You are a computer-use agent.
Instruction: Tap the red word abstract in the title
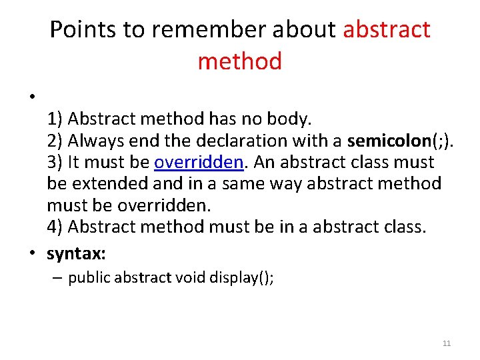click(387, 29)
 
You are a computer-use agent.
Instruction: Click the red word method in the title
click(240, 61)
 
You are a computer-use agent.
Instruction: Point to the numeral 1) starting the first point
click(55, 119)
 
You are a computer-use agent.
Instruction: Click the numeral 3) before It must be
click(55, 162)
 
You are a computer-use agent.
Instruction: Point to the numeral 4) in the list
click(55, 226)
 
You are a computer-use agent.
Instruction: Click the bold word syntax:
click(77, 253)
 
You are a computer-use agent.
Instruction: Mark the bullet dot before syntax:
click(33, 254)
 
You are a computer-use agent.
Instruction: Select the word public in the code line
click(89, 277)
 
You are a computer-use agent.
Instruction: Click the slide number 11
click(447, 343)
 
